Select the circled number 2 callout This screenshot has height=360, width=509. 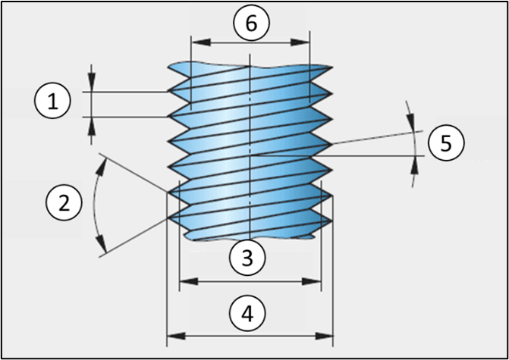[x=63, y=202]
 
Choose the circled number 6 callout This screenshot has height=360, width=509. [x=250, y=23]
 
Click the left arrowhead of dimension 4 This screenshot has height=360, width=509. [x=171, y=333]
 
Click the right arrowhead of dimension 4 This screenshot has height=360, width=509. [x=329, y=333]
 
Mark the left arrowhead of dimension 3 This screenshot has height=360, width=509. [x=183, y=281]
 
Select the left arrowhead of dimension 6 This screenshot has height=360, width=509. [x=195, y=42]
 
